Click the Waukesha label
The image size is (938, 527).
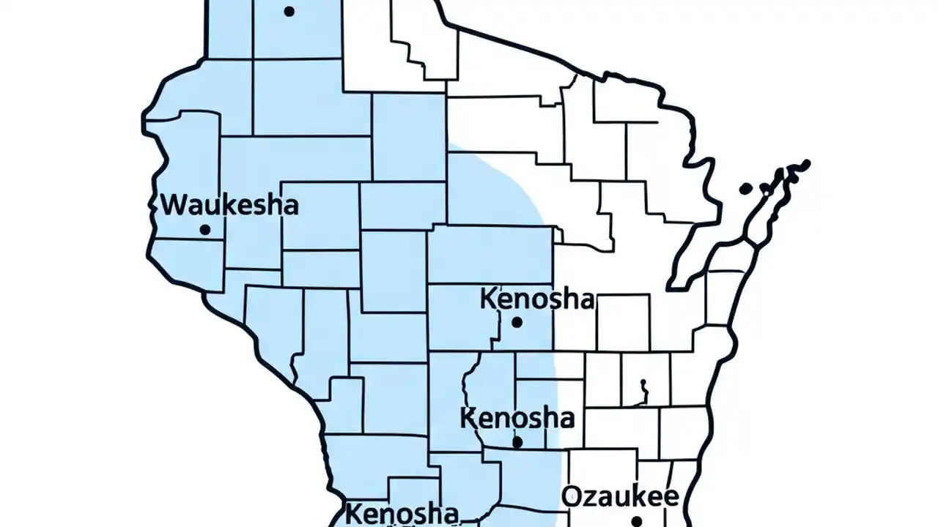click(229, 204)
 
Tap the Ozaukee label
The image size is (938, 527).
click(620, 497)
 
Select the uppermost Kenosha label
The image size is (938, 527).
click(537, 299)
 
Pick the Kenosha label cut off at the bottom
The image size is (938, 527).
click(402, 513)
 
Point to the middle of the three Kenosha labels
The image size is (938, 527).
click(517, 419)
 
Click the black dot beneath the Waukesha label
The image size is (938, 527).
click(204, 230)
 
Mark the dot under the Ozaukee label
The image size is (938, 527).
click(636, 521)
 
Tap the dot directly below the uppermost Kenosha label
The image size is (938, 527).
click(517, 321)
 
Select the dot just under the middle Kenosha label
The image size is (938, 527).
click(517, 442)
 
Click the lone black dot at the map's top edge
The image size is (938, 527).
click(289, 11)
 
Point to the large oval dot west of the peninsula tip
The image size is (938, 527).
click(745, 189)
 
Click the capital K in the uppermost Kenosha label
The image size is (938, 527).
click(490, 299)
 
